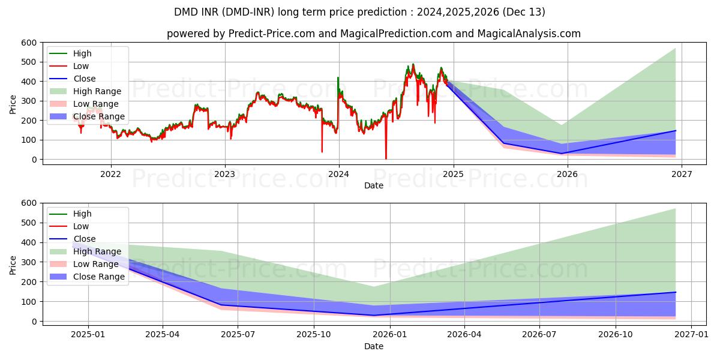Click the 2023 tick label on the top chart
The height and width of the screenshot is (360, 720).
[225, 175]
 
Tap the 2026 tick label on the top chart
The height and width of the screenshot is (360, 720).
[567, 175]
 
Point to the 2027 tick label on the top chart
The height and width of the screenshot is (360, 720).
[682, 175]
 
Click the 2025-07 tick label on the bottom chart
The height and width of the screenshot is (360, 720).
[238, 335]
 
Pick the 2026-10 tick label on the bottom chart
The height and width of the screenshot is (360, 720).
[616, 335]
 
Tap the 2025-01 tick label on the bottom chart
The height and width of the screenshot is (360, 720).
[88, 335]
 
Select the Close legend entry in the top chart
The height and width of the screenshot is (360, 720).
[85, 79]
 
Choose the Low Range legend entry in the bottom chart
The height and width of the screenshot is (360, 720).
[96, 264]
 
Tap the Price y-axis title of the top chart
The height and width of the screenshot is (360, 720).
[13, 103]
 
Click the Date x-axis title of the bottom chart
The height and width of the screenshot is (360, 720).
[374, 346]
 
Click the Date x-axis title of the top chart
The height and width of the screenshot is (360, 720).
[374, 186]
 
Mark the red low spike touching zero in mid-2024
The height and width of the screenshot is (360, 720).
[386, 158]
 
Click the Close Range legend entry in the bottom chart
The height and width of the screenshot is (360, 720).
[99, 277]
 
